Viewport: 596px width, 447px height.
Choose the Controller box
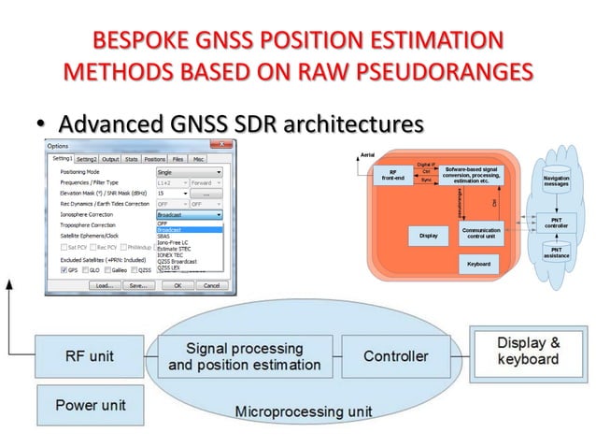(x=395, y=356)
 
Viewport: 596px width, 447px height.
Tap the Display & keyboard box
(x=528, y=351)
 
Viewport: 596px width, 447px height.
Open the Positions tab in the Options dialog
(x=154, y=159)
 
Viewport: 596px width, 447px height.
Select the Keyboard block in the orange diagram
(x=477, y=265)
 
